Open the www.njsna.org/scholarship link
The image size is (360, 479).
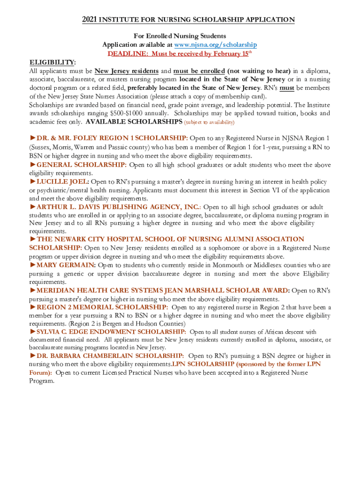click(x=216, y=44)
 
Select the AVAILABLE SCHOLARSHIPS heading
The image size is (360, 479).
click(x=134, y=122)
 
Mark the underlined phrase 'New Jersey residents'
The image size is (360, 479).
click(x=127, y=71)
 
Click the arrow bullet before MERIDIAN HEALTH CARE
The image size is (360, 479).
click(x=33, y=290)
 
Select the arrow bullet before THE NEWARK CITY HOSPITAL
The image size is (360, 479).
click(x=33, y=239)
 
